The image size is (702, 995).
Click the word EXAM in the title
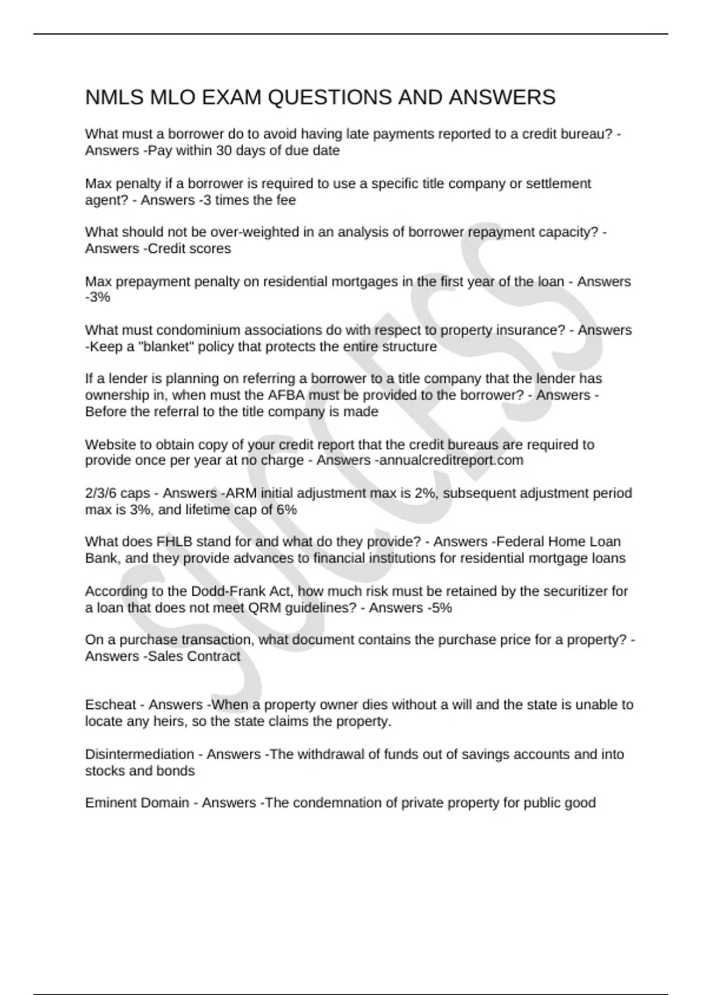tap(231, 97)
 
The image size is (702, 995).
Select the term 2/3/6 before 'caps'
tap(101, 493)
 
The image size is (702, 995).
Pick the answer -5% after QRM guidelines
tap(439, 608)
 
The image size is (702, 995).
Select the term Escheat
tap(111, 705)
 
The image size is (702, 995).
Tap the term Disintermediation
tap(139, 754)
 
